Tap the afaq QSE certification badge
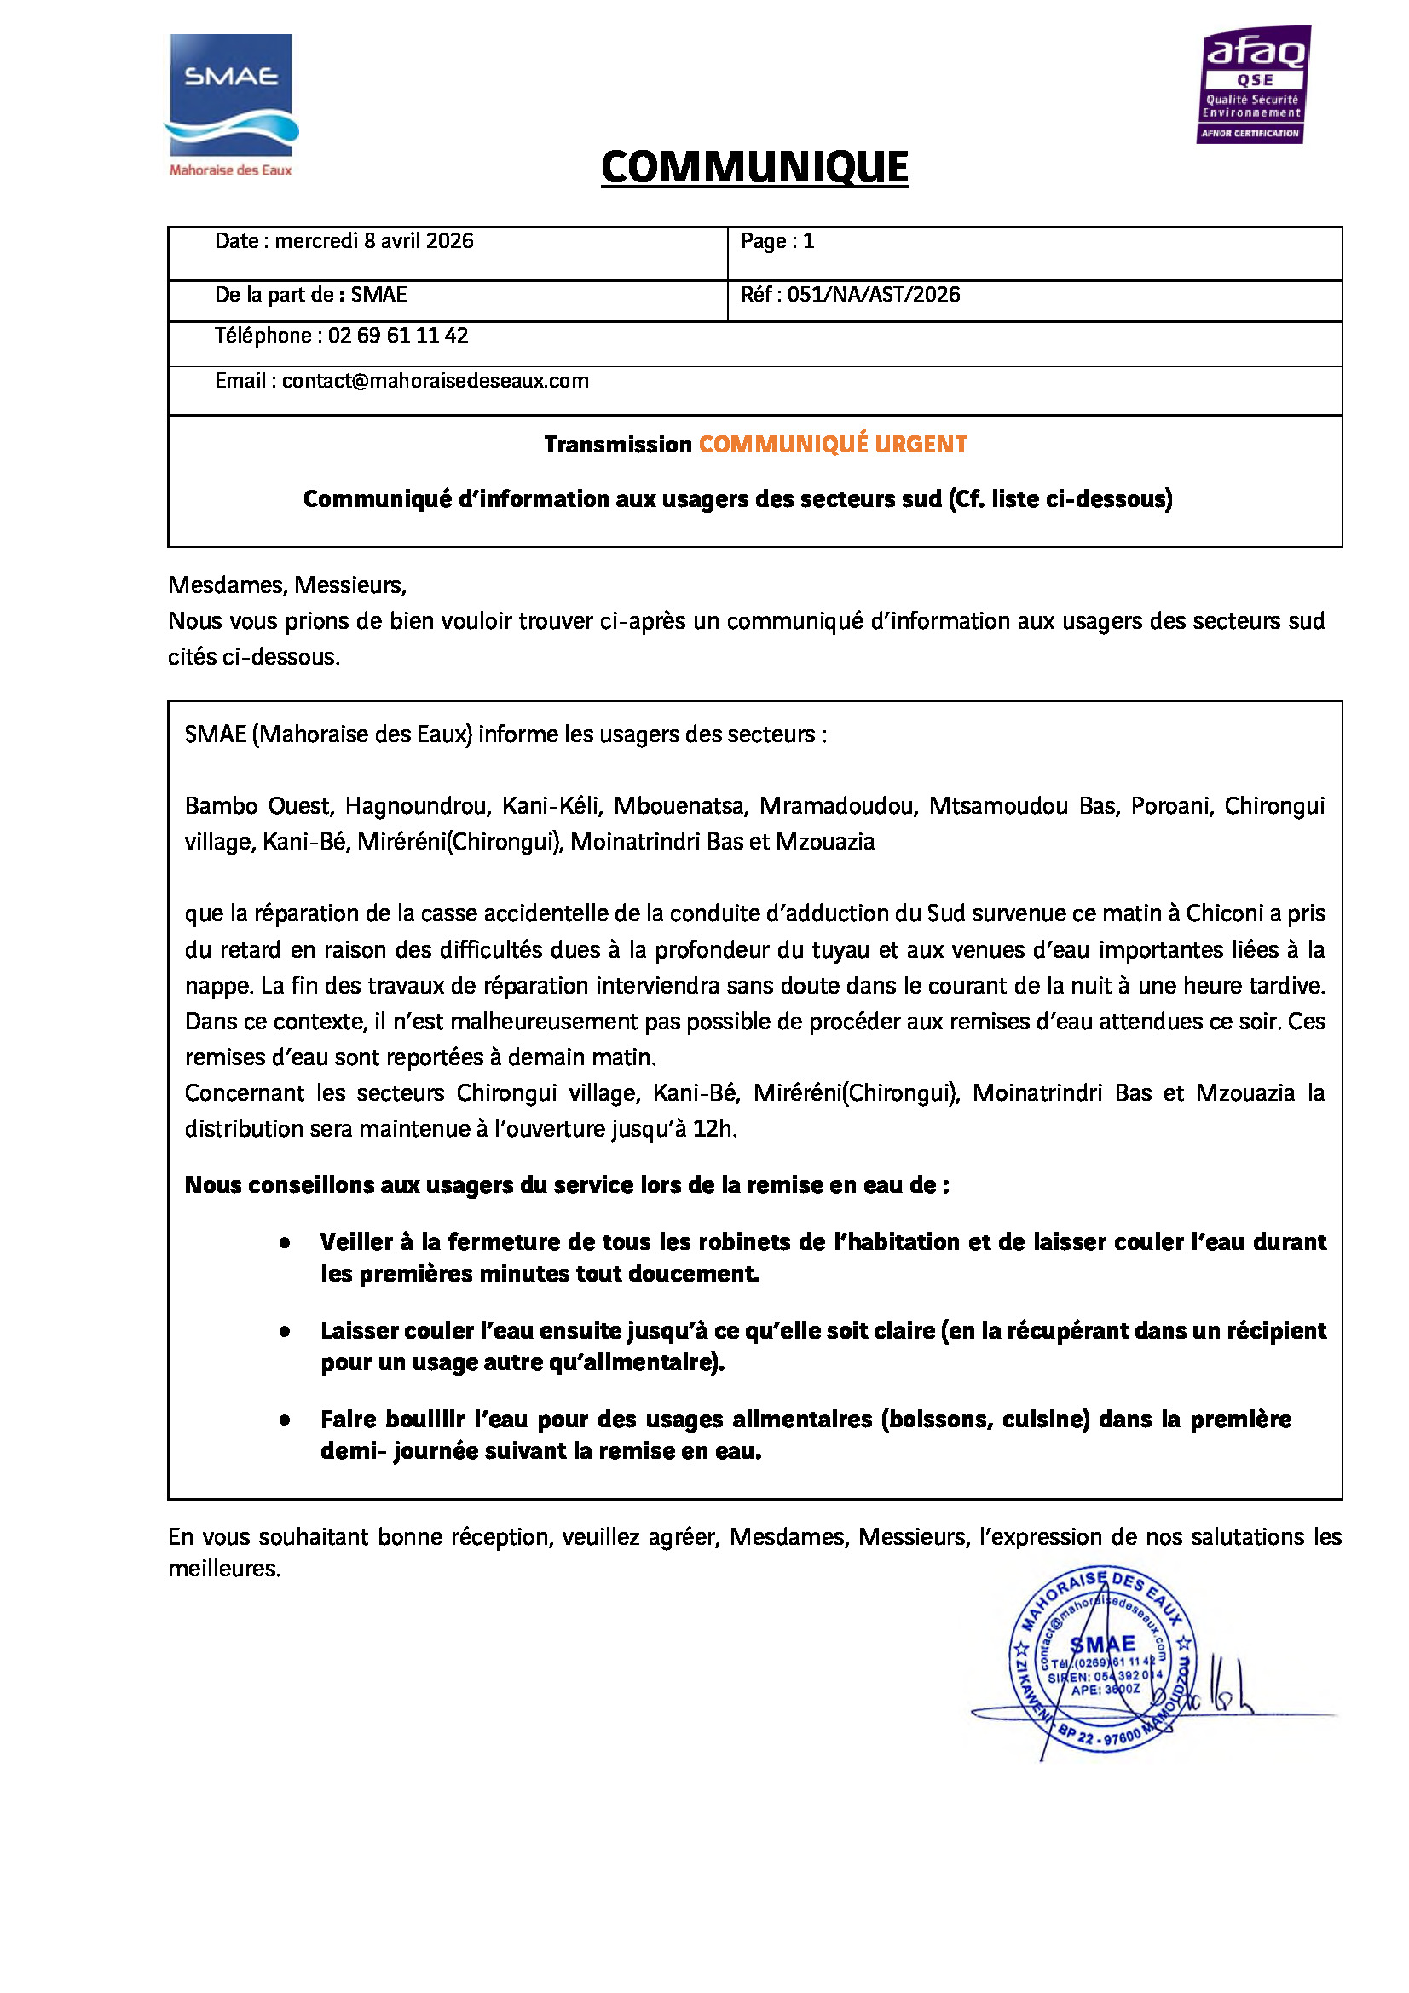[x=1254, y=84]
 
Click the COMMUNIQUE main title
[x=754, y=167]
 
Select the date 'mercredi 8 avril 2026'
[x=374, y=241]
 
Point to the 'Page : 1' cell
[x=777, y=241]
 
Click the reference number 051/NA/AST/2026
[x=874, y=295]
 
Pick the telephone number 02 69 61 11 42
[x=397, y=336]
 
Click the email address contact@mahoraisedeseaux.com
[x=435, y=381]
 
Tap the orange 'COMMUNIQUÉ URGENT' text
[x=833, y=445]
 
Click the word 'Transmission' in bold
[x=617, y=445]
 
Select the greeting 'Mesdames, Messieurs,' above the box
[x=287, y=585]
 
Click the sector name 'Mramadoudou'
[x=838, y=806]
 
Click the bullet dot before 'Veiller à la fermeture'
[x=285, y=1243]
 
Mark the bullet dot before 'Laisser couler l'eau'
[x=285, y=1332]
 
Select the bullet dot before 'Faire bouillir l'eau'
[x=285, y=1420]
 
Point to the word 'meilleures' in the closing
[x=223, y=1569]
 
